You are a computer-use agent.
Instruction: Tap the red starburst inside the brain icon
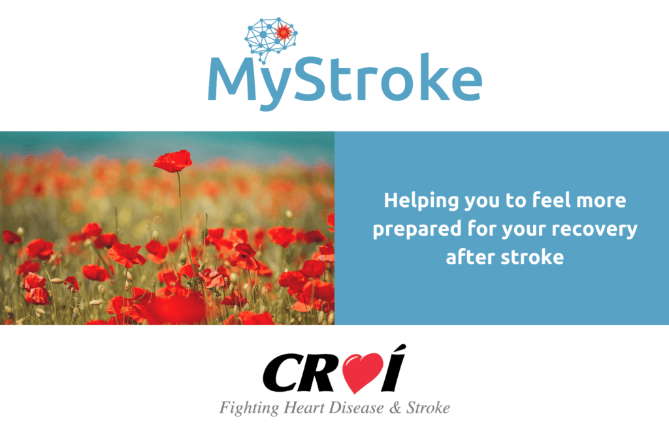pyautogui.click(x=284, y=31)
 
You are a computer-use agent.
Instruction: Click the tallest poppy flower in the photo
pyautogui.click(x=172, y=161)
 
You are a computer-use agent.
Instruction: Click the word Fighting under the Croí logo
pyautogui.click(x=249, y=408)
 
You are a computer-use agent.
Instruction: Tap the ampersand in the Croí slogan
pyautogui.click(x=395, y=408)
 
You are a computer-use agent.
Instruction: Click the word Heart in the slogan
pyautogui.click(x=304, y=407)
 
